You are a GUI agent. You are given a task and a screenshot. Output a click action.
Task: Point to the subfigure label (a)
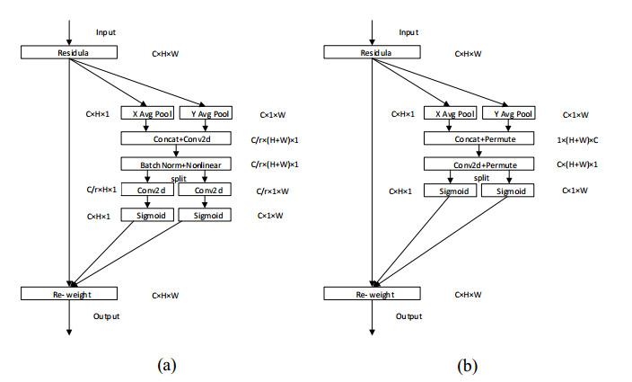click(165, 365)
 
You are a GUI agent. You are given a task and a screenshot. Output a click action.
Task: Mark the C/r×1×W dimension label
click(274, 191)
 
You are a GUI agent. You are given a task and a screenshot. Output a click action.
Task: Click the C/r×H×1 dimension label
click(101, 191)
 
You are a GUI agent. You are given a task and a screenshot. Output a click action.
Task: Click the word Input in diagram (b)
click(409, 32)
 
